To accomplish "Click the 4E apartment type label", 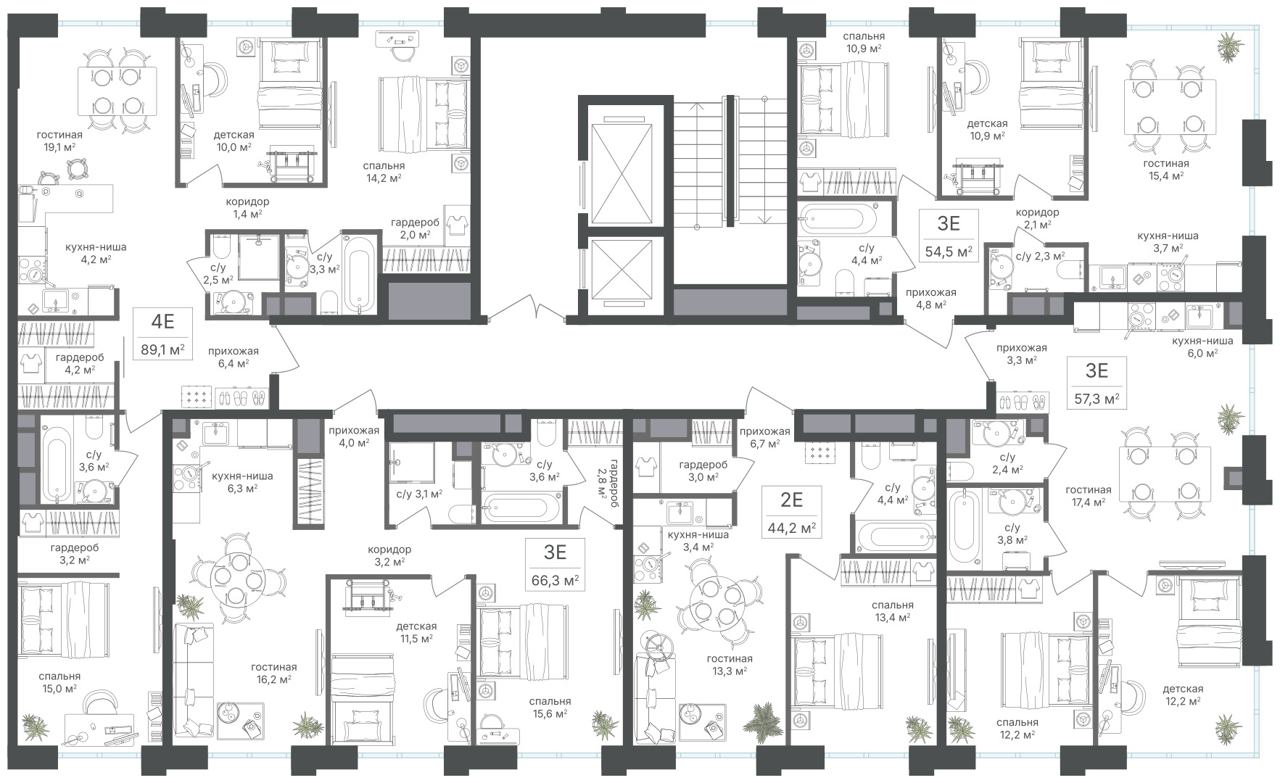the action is (x=161, y=320).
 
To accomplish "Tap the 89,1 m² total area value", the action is (x=162, y=351).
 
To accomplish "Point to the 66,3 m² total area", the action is (x=556, y=581).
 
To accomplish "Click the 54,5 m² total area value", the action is (x=949, y=252).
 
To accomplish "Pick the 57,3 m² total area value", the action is (x=1097, y=399).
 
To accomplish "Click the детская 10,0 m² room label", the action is (x=234, y=141).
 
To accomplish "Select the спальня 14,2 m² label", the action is (x=384, y=171).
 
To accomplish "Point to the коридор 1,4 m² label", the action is (x=247, y=207).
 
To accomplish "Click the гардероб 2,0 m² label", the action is (x=410, y=228).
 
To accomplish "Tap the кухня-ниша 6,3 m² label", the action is (x=242, y=482).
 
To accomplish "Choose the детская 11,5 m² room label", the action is (x=416, y=632).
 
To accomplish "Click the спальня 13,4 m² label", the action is (x=893, y=611).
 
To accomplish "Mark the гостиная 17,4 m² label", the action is (x=1089, y=495).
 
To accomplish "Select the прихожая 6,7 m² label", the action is (x=764, y=437).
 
